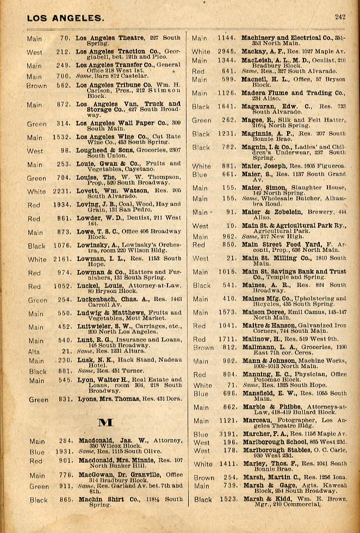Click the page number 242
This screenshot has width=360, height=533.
340,17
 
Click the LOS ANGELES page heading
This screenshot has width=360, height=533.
65,18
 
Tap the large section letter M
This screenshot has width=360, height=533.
104,422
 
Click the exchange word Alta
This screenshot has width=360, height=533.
34,352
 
